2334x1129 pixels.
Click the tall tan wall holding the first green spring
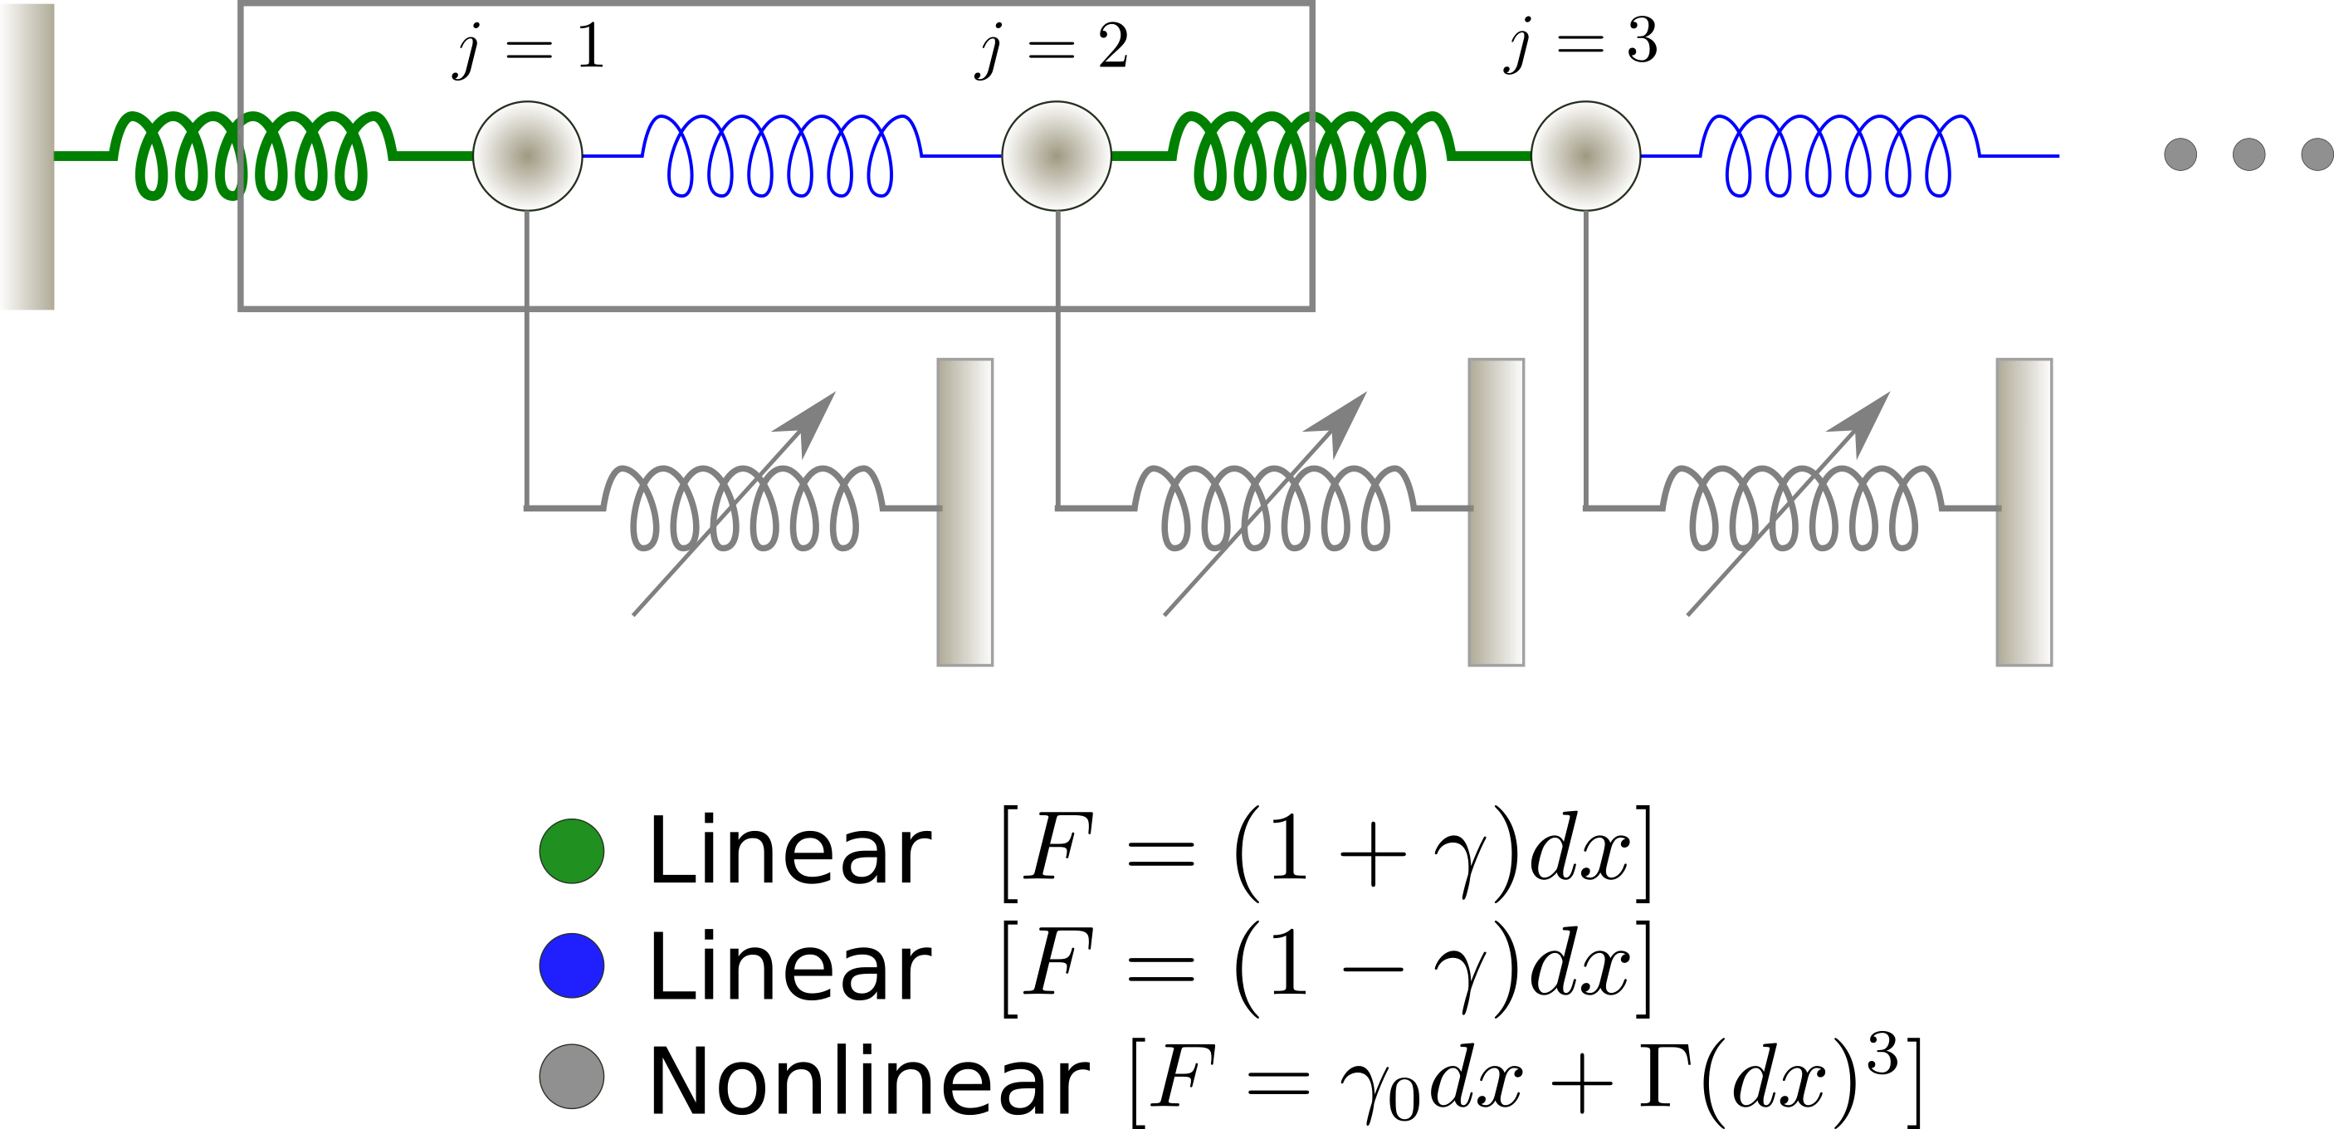pyautogui.click(x=27, y=156)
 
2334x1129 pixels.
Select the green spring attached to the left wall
pyautogui.click(x=251, y=155)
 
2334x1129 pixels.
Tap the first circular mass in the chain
pyautogui.click(x=527, y=156)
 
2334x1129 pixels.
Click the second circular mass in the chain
pyautogui.click(x=1057, y=156)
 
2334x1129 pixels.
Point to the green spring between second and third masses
pyautogui.click(x=1310, y=155)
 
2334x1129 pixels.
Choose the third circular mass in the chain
pyautogui.click(x=1585, y=156)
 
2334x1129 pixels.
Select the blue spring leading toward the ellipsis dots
pyautogui.click(x=1839, y=155)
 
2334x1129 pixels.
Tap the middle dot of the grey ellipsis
pyautogui.click(x=2249, y=154)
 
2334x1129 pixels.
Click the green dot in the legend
pyautogui.click(x=572, y=851)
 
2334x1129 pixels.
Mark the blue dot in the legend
pyautogui.click(x=572, y=965)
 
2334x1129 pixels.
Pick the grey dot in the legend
pyautogui.click(x=572, y=1077)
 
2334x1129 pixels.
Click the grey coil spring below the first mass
pyautogui.click(x=744, y=507)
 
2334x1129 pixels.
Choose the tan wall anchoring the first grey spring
pyautogui.click(x=965, y=512)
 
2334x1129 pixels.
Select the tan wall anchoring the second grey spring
pyautogui.click(x=1496, y=512)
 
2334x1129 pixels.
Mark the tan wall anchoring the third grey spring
pyautogui.click(x=2024, y=512)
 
